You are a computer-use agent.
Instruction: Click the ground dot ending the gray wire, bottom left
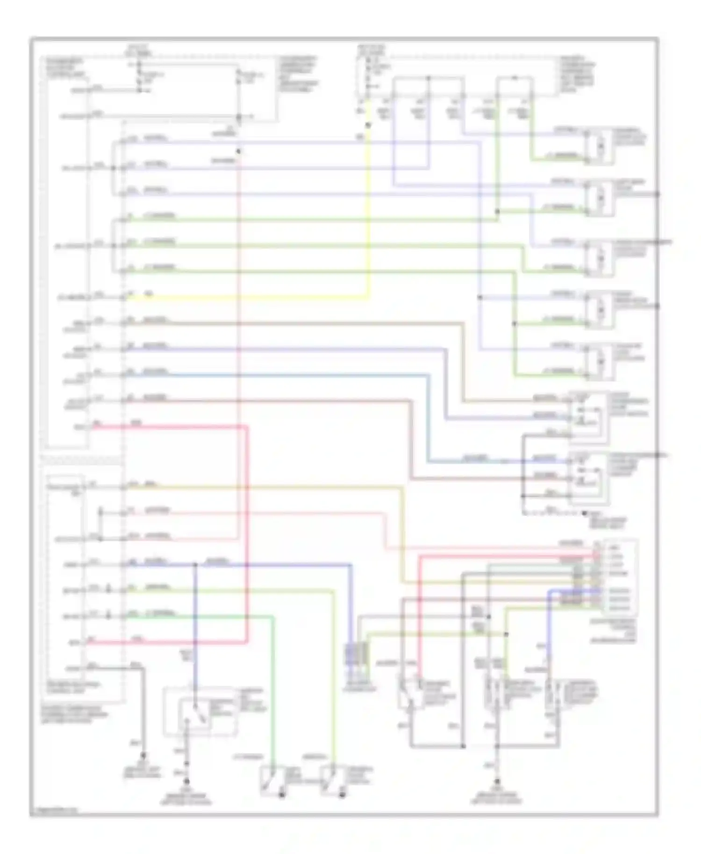click(143, 755)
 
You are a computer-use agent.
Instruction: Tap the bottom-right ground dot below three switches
click(497, 781)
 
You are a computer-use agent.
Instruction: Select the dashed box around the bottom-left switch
click(200, 711)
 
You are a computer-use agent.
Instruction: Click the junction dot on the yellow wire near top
click(368, 125)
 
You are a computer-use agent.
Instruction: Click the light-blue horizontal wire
click(280, 374)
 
